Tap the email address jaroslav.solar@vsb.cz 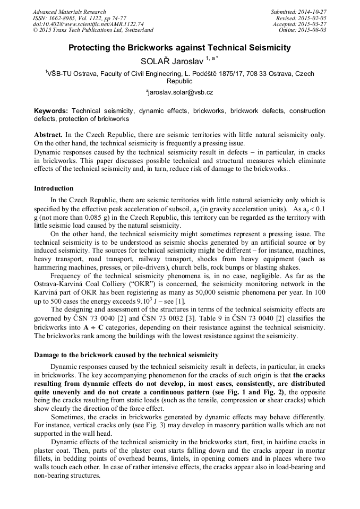click(180, 92)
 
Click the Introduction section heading click(54, 188)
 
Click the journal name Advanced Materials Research click(69, 12)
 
